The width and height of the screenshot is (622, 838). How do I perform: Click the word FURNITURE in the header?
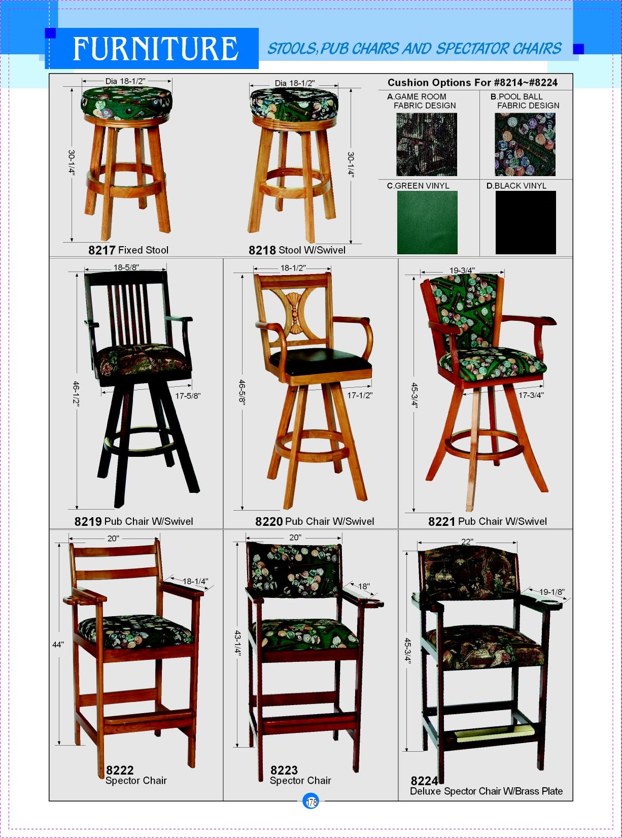coord(155,49)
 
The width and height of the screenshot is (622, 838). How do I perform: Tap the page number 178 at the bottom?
coord(311,801)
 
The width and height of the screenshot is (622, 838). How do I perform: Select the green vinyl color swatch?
coord(427,222)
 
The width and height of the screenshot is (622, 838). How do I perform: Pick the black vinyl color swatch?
coord(526,222)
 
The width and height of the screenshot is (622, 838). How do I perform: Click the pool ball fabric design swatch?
coord(525,144)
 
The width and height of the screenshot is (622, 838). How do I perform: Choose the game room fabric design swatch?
coord(426,144)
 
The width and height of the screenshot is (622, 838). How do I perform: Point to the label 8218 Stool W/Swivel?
coord(297,250)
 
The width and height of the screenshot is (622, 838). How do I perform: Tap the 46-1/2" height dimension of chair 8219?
coord(76,393)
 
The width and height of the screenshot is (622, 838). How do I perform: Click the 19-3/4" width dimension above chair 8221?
coord(462,271)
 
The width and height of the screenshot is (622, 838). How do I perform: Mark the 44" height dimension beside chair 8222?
coord(58,645)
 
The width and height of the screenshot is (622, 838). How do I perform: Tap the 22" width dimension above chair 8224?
coord(467,542)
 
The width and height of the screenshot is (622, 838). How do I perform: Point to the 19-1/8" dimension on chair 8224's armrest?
coord(551,592)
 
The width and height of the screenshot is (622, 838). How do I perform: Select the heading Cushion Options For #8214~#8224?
coord(472,82)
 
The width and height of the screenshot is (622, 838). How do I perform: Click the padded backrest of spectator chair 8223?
coord(294,569)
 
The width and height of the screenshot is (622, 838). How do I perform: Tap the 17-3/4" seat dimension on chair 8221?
coord(531,395)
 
